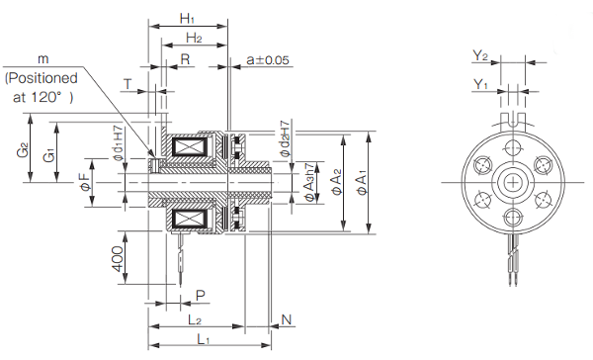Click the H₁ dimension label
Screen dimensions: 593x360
[x=187, y=19]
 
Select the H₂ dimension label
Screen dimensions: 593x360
[x=194, y=38]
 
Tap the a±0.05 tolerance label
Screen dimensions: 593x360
[x=268, y=59]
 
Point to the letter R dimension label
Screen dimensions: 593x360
[x=185, y=59]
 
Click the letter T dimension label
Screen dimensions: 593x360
[x=127, y=84]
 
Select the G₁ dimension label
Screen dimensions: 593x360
[x=49, y=155]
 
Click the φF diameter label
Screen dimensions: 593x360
[x=85, y=182]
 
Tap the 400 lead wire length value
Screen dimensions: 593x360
[x=118, y=259]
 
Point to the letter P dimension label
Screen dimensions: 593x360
[x=201, y=296]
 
